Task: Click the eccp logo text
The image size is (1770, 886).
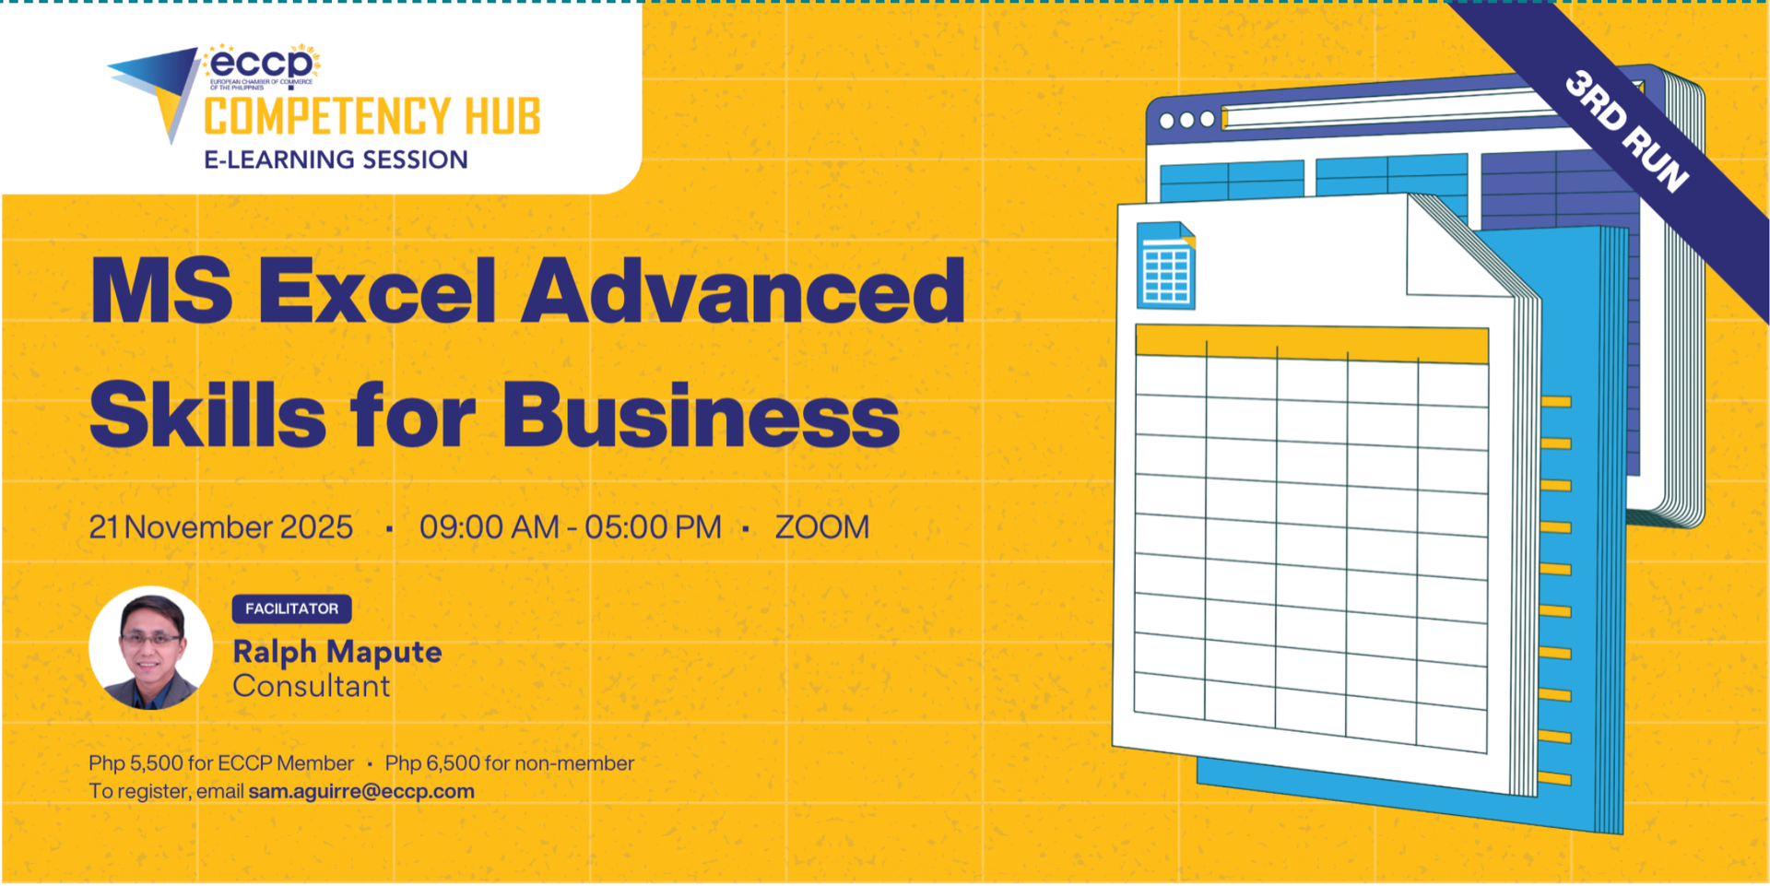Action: (262, 64)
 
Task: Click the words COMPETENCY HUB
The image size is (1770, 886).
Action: (372, 117)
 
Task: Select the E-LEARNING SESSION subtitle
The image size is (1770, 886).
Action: (336, 159)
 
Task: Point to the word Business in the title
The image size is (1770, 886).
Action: (701, 416)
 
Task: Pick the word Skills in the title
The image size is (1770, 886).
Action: (208, 415)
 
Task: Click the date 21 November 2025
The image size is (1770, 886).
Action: (221, 527)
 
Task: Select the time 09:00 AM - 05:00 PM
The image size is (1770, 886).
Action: (571, 527)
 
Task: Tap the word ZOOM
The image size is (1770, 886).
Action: (822, 527)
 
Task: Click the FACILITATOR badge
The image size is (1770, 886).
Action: (291, 608)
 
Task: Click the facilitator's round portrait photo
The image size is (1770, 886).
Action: (150, 648)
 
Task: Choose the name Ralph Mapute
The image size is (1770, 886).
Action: (337, 652)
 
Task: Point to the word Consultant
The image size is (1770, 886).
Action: (312, 686)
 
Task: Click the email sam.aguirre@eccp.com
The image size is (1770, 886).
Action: (361, 791)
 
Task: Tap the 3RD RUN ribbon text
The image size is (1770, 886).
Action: (1627, 131)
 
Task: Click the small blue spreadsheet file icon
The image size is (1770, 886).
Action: (1166, 266)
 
